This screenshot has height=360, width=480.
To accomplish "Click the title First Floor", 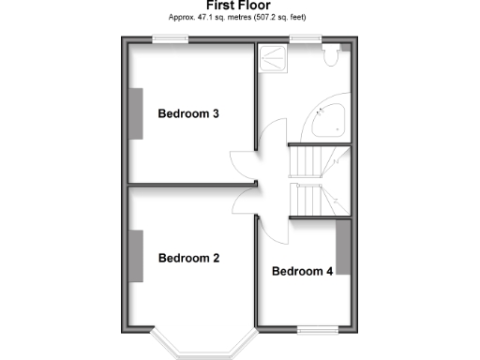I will pyautogui.click(x=239, y=5).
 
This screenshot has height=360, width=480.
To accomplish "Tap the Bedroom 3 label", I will pyautogui.click(x=188, y=114).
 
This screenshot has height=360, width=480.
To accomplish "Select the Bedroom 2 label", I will pyautogui.click(x=188, y=258).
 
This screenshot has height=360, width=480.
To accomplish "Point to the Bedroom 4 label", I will pyautogui.click(x=302, y=272).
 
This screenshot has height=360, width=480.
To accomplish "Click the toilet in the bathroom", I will pyautogui.click(x=329, y=58).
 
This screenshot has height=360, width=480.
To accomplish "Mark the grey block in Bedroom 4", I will pyautogui.click(x=342, y=247).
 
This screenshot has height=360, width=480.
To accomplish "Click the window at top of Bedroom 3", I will pyautogui.click(x=170, y=38).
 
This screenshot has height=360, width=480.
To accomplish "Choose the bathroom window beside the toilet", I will pyautogui.click(x=303, y=38).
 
